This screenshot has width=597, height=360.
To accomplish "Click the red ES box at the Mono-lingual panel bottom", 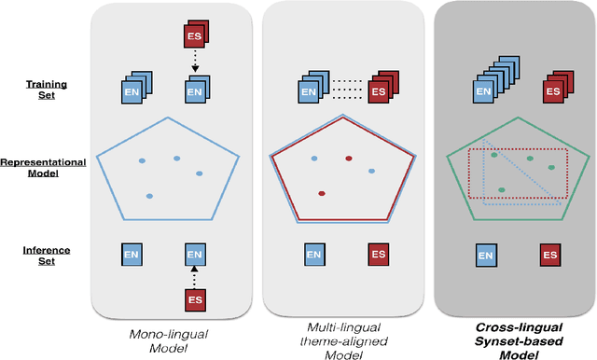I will click(x=194, y=300).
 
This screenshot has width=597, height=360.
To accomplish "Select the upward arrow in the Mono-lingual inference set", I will click(x=194, y=272).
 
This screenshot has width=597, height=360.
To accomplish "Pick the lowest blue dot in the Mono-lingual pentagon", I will click(x=149, y=196).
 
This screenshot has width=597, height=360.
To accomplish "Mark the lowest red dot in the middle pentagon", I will click(x=322, y=194).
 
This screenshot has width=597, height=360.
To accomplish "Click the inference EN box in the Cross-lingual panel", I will click(x=484, y=253).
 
